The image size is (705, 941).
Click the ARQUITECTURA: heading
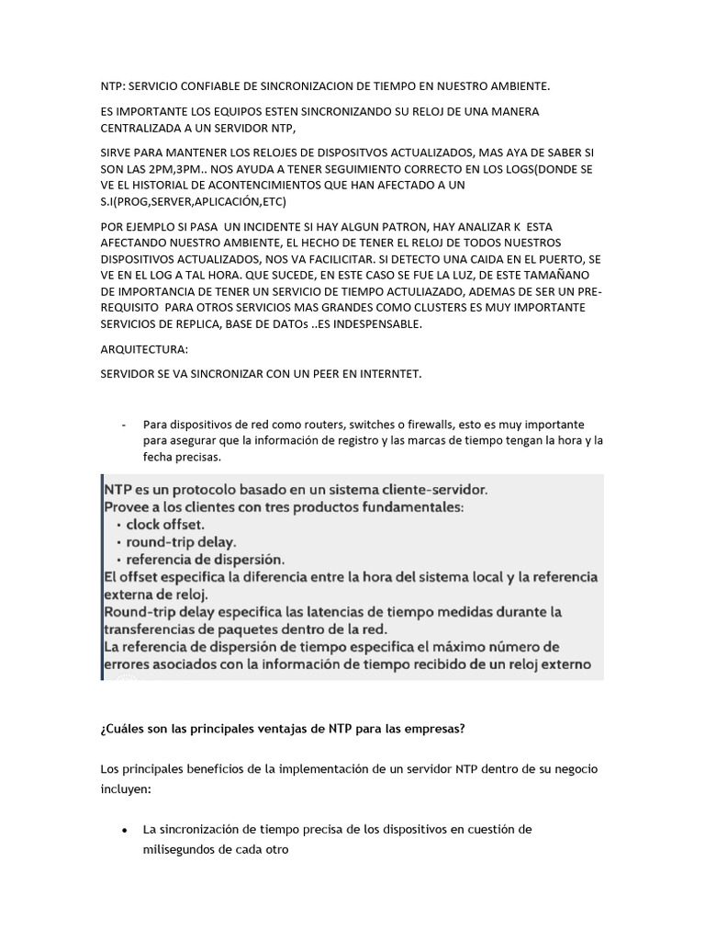coord(143,350)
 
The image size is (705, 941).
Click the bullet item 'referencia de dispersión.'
coord(205,558)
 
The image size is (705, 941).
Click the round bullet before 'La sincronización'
coord(124,830)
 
